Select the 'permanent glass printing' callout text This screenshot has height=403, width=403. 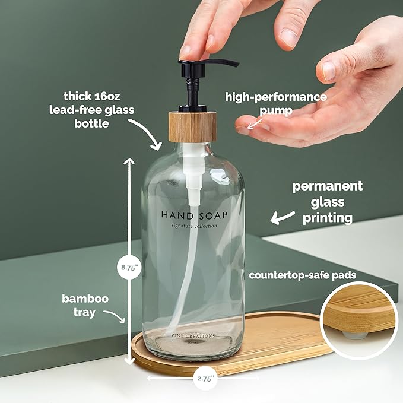point(327,202)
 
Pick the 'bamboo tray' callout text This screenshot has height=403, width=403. point(85,305)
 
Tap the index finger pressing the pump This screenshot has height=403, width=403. point(196,42)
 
